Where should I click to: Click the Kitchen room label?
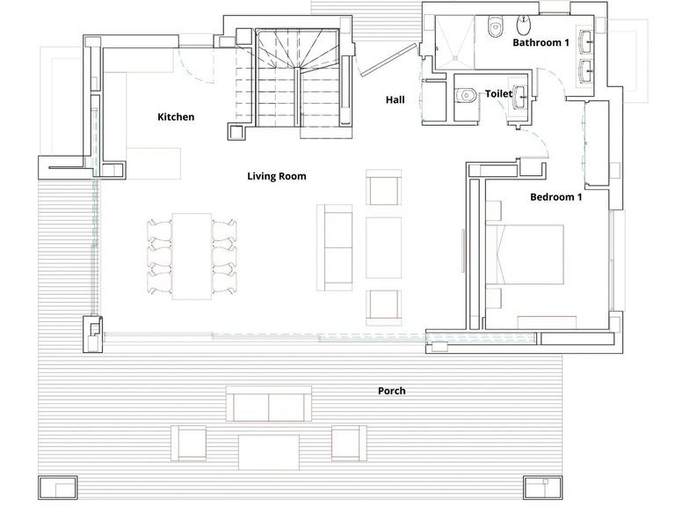coord(176,117)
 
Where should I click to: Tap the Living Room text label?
coord(276,176)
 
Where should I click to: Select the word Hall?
coord(395,99)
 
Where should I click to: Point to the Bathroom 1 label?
coord(541,42)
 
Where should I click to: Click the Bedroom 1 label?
coord(555,197)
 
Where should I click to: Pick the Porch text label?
coord(391,391)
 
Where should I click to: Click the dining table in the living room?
coord(192,256)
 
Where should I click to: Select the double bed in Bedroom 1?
coord(525,254)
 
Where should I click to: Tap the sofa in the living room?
coord(335,247)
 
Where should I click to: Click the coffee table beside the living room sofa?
coord(383,248)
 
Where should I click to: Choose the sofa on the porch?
coord(269,404)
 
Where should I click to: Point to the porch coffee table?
coord(269,452)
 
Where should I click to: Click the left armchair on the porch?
coord(189,444)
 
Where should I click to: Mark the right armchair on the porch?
coord(349,444)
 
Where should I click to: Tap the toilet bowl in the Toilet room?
coord(466,94)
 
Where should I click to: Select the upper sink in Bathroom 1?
coord(586,39)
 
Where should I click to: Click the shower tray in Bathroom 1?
coord(455,42)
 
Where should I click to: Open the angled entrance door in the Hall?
coord(389,60)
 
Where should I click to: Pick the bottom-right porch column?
coord(543,487)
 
